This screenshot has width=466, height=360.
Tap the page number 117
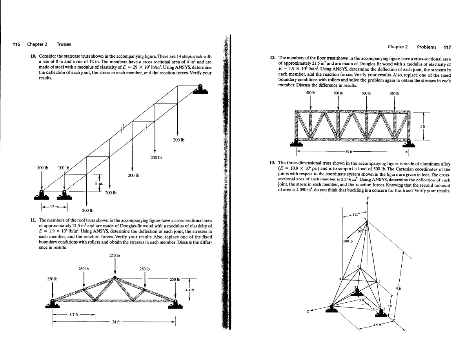(447, 47)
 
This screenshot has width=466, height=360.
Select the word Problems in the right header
(426, 47)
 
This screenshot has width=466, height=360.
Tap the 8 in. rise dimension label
(100, 182)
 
